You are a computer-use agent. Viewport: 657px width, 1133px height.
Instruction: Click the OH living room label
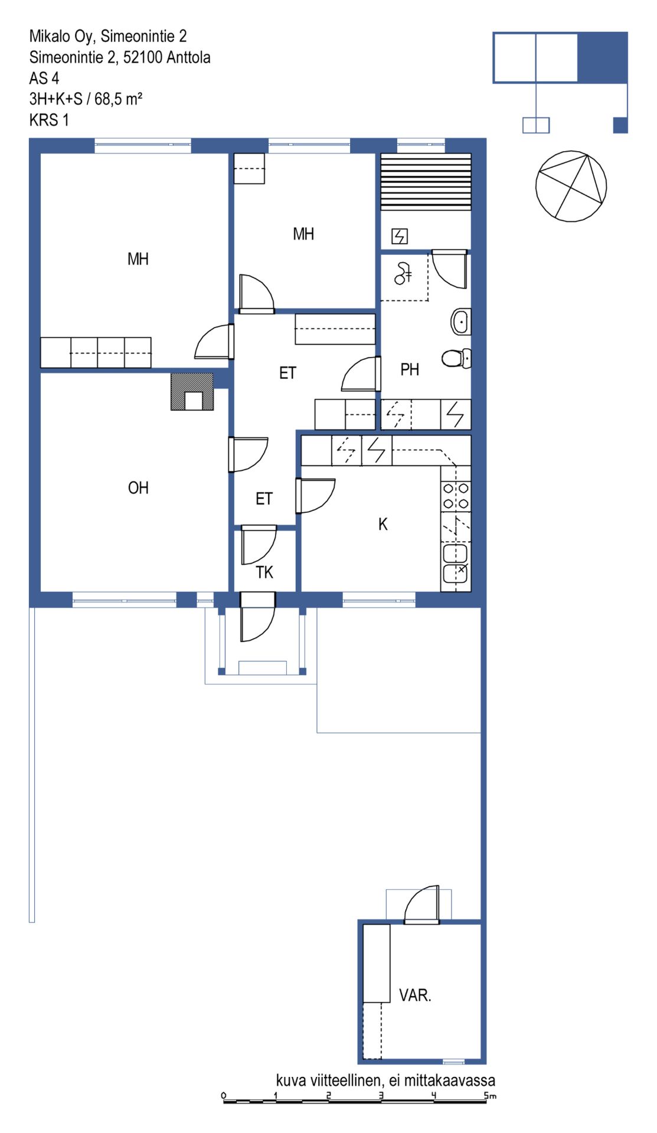138,488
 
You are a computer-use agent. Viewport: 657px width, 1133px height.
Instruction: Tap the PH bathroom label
410,370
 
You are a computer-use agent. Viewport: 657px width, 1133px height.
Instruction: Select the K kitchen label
383,524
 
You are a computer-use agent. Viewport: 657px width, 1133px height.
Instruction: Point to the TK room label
264,572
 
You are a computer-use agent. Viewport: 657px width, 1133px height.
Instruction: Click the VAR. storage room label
415,996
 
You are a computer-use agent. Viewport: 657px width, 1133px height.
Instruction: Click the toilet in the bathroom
457,358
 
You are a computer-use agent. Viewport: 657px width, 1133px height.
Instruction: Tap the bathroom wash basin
461,322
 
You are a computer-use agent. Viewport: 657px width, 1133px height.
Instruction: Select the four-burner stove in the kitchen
456,496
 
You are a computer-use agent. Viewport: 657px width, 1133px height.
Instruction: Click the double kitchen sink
456,563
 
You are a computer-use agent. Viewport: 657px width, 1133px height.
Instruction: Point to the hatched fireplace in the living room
192,391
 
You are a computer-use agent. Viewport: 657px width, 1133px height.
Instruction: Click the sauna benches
426,182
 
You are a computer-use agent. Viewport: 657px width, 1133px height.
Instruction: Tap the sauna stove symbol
400,237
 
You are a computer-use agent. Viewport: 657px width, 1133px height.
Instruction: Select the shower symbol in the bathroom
403,273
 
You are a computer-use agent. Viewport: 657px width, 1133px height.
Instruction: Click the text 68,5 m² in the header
118,99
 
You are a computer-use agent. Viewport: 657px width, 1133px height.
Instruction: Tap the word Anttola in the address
188,57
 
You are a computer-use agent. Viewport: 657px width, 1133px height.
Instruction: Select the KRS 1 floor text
49,120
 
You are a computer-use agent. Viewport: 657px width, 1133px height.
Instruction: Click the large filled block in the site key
602,57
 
